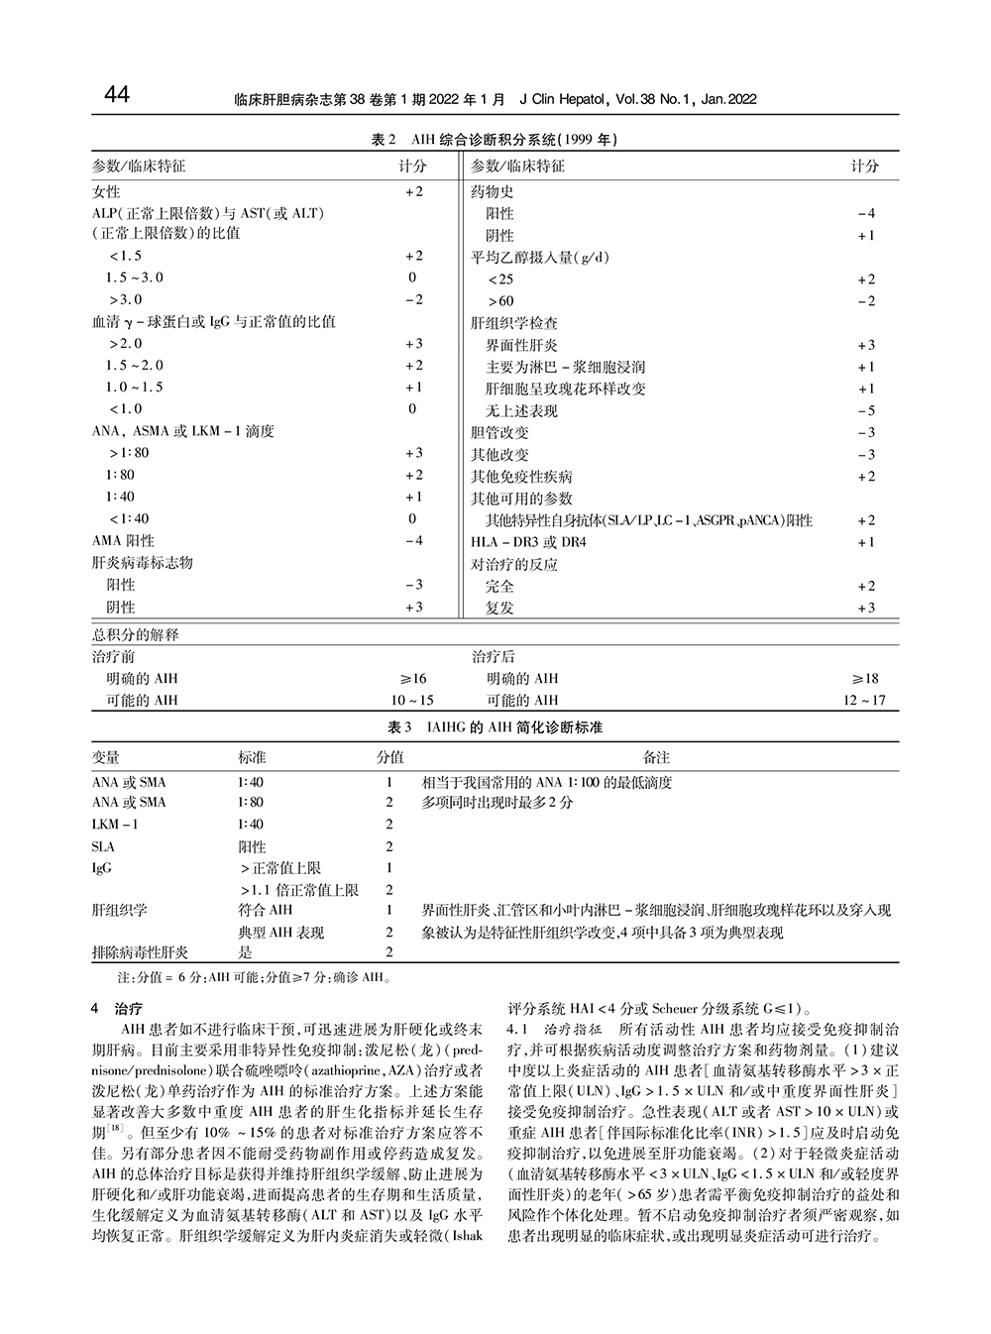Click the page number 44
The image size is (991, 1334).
tap(116, 95)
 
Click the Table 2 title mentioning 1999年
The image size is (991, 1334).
tap(495, 141)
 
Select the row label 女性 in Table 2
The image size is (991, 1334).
tap(106, 191)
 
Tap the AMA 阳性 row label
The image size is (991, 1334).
tap(123, 541)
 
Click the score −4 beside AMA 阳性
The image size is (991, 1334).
tap(413, 541)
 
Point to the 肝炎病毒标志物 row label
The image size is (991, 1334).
tap(142, 563)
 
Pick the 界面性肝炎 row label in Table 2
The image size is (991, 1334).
tap(521, 345)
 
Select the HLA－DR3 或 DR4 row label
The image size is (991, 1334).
tap(528, 542)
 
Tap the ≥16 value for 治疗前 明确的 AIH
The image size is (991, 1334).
tap(412, 679)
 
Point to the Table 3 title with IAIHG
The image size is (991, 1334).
tap(495, 727)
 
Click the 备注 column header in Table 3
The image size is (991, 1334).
tap(657, 758)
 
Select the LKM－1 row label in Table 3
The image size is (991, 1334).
tap(115, 825)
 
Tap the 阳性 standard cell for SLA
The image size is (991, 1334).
tap(252, 847)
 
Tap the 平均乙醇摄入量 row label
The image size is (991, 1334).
tap(539, 258)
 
